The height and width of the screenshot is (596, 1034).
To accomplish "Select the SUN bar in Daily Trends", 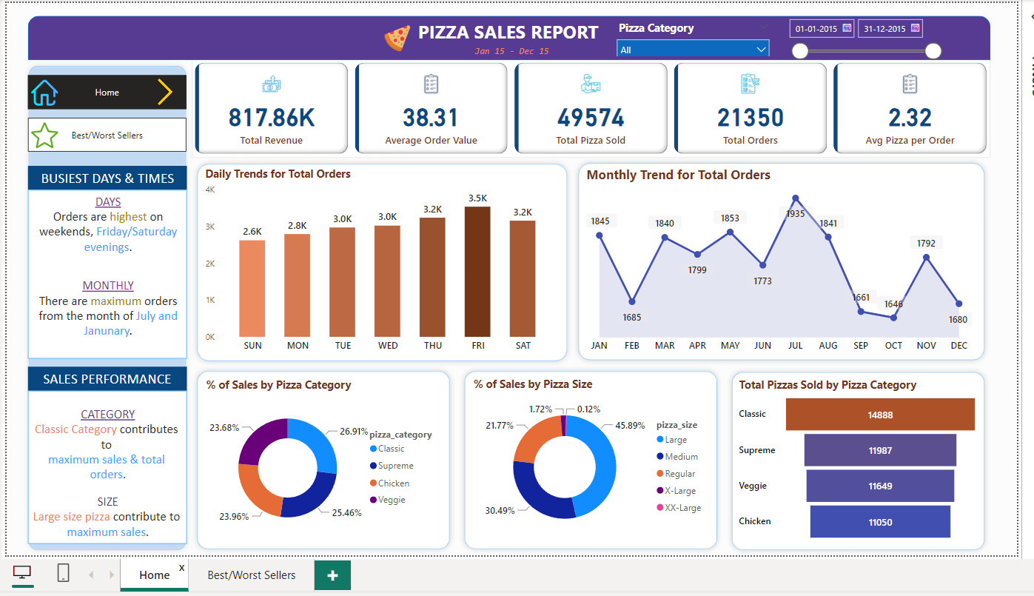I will [x=252, y=288].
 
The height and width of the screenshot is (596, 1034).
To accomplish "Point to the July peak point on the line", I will [x=796, y=198].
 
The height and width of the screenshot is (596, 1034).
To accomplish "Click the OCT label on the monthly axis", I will [x=893, y=346].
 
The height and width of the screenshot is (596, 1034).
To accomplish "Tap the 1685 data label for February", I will [x=631, y=317].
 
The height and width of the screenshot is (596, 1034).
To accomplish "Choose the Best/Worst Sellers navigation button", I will [x=107, y=135].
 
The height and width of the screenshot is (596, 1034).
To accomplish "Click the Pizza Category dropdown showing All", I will [x=693, y=50].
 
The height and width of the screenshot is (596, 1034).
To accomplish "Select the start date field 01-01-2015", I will [x=816, y=29].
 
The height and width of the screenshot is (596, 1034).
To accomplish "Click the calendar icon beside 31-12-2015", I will [x=915, y=28].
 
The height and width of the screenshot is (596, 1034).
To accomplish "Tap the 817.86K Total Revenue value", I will [x=271, y=118].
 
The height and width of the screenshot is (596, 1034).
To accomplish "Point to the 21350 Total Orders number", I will [x=750, y=118].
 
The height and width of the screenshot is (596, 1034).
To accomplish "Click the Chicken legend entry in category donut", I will [x=393, y=483].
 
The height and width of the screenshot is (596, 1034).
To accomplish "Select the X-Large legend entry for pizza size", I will [x=679, y=491].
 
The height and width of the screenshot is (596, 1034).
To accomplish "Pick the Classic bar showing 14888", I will [x=880, y=415].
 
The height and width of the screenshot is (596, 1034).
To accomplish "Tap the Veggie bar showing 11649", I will [x=880, y=486].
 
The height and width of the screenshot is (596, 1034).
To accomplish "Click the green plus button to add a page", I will [x=332, y=575].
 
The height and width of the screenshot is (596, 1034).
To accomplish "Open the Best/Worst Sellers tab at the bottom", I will [x=251, y=575].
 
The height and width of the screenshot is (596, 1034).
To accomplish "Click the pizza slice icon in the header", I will [x=397, y=37].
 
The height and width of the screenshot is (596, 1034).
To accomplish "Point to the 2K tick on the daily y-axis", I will [x=210, y=264].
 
